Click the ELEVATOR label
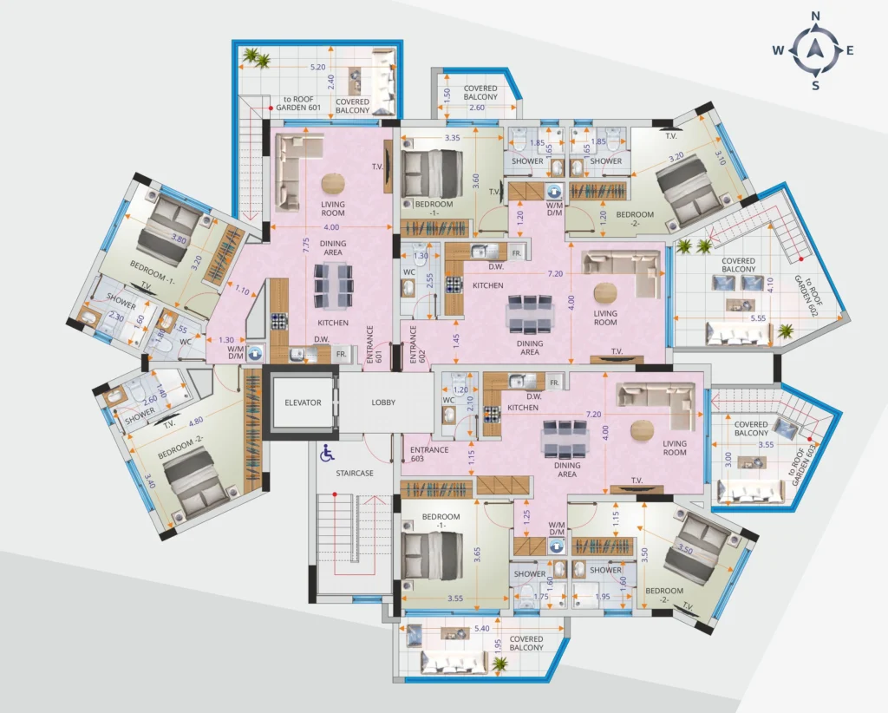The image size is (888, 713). (x=303, y=402)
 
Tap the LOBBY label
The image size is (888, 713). (x=383, y=402)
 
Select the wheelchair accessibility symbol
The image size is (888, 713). (x=327, y=452)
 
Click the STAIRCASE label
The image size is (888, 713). (x=356, y=473)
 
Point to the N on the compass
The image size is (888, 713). (x=815, y=16)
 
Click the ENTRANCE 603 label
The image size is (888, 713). (x=429, y=454)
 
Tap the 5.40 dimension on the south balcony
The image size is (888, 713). (x=483, y=626)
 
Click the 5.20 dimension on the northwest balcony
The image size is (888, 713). (x=318, y=66)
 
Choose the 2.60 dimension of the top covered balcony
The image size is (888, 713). (x=478, y=107)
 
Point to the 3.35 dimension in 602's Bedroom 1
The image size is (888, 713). (x=452, y=137)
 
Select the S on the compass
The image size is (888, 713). (x=815, y=85)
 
